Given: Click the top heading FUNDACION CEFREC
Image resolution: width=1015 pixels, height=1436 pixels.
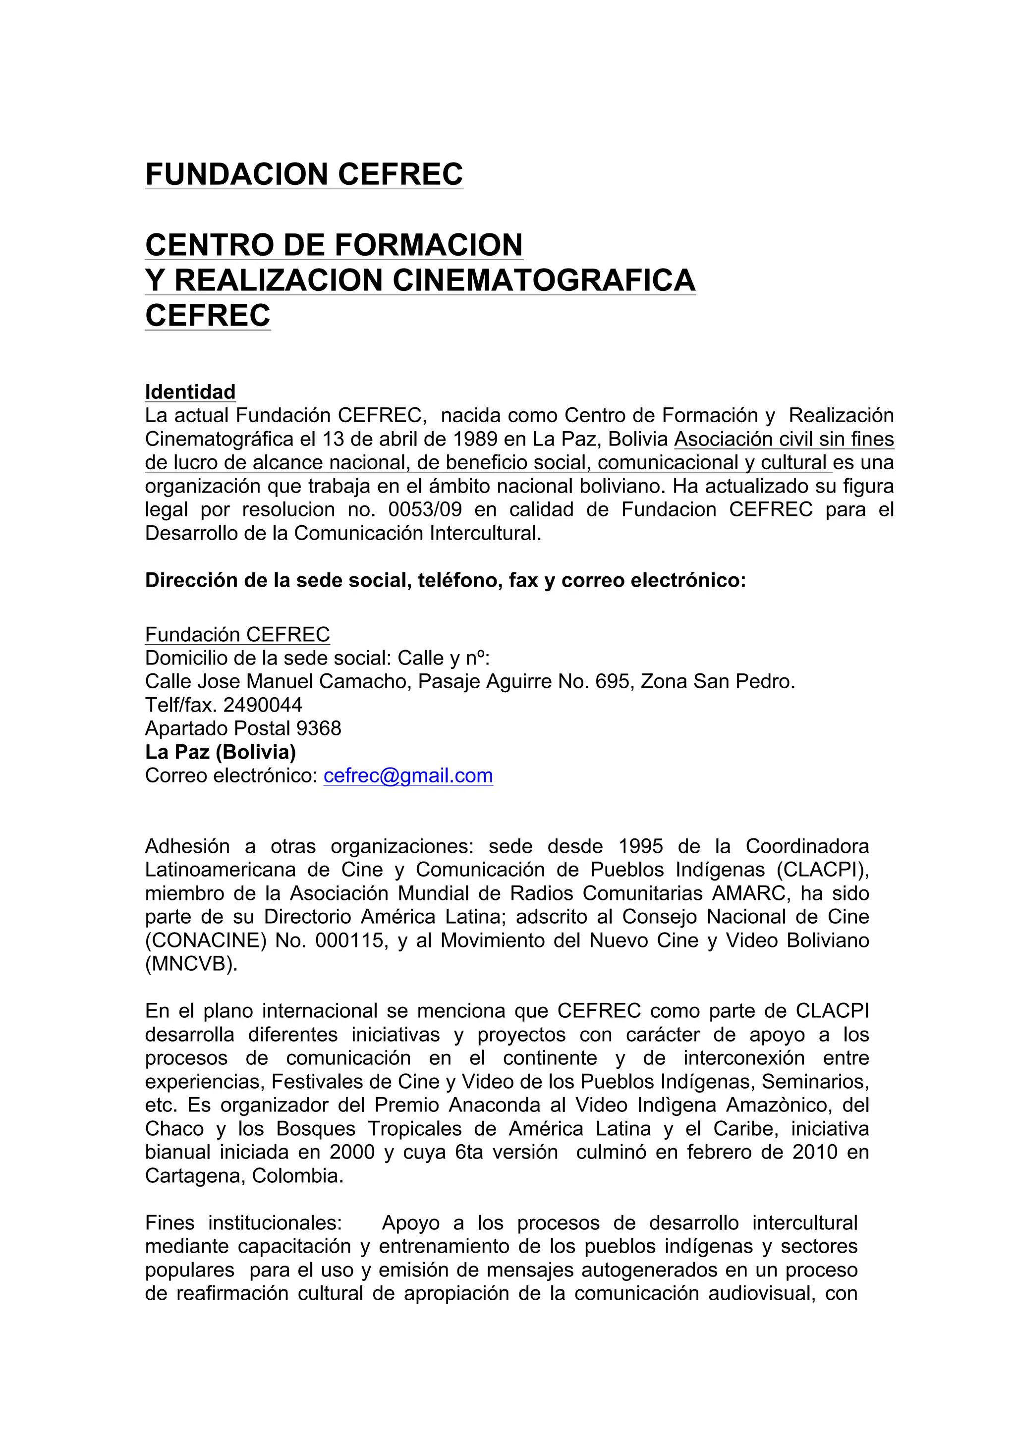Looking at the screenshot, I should point(304,174).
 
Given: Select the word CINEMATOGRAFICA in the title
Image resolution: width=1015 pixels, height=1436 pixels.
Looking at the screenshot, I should point(544,279).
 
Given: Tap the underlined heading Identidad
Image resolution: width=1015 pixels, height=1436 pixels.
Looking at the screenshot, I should point(190,392).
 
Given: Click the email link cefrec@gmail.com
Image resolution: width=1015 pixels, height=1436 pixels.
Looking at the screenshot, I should point(408,775).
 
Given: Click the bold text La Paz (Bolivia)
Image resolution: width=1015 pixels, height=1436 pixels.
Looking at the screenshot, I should point(220,752).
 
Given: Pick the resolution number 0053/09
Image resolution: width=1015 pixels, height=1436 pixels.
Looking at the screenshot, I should point(425,510).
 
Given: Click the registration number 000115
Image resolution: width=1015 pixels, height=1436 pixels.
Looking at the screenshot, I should point(349,940).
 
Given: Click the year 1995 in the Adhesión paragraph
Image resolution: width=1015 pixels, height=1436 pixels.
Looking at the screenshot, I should point(640,846).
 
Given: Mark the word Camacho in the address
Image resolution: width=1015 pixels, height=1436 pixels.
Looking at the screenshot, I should point(368,681).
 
